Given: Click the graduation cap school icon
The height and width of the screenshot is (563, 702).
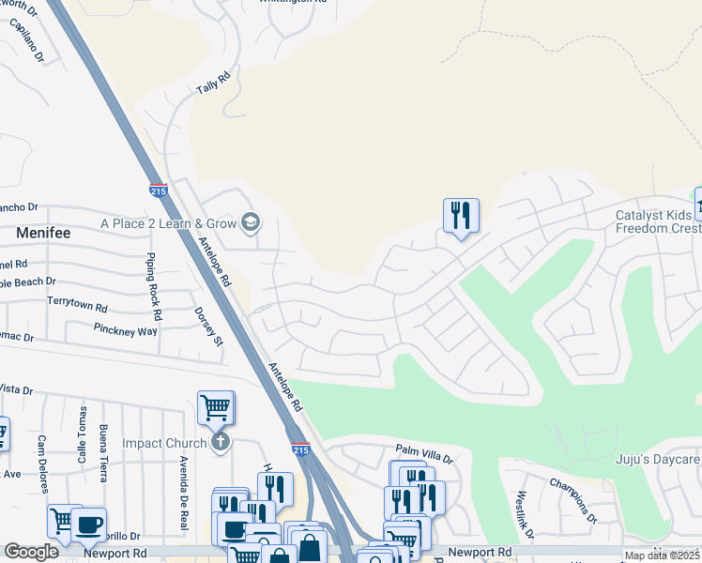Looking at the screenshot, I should coord(251,222).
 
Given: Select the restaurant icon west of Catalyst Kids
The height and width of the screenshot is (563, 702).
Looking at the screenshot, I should coord(461,216).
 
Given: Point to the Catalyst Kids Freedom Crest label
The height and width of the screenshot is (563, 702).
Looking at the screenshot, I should coord(658,221).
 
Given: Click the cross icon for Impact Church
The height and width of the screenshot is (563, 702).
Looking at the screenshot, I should coord(221,442).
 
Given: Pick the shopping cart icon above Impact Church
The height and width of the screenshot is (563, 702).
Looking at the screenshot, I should coord(215,407).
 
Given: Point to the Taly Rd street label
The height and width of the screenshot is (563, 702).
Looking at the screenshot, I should coord(213,84).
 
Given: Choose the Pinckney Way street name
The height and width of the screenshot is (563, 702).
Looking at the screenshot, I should coord(125,330).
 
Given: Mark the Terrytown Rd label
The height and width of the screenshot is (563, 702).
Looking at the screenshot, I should coord(77,307).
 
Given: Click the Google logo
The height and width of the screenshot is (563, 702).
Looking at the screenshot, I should coord(31,552).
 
